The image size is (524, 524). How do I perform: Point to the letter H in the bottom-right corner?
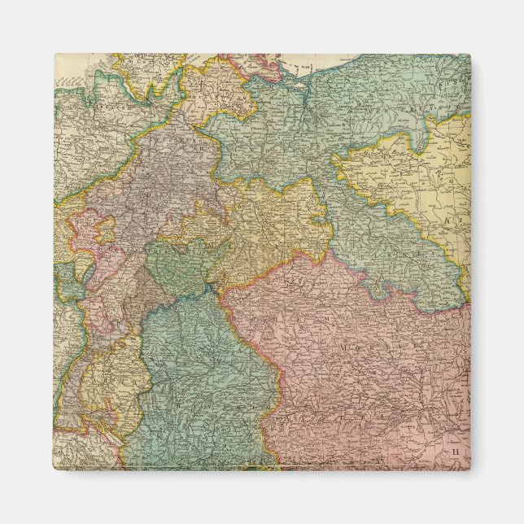coord(456,450)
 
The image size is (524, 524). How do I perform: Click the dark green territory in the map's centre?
coord(175,269)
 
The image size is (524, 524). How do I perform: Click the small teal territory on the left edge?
coord(65,281)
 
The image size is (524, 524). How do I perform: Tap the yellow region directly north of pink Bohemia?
coord(269,220)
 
